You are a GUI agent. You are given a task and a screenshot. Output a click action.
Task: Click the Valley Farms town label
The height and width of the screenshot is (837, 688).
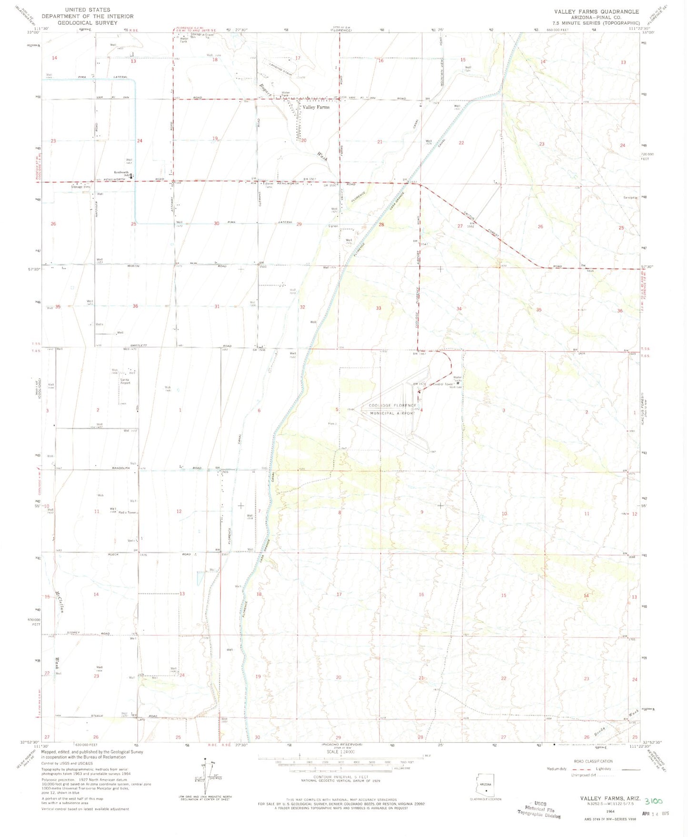click(x=316, y=107)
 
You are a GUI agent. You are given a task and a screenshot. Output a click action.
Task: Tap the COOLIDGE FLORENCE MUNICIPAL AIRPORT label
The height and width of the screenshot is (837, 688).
click(x=392, y=409)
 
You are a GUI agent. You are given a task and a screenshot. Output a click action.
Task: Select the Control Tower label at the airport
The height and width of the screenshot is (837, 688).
click(x=442, y=384)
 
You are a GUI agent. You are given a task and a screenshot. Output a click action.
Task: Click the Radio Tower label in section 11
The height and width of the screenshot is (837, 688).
click(x=128, y=513)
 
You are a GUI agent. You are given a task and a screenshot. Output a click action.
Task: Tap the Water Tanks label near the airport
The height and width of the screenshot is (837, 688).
click(x=458, y=379)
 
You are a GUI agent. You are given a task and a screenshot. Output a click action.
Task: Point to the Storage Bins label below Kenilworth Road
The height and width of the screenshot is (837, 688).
click(x=80, y=187)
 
